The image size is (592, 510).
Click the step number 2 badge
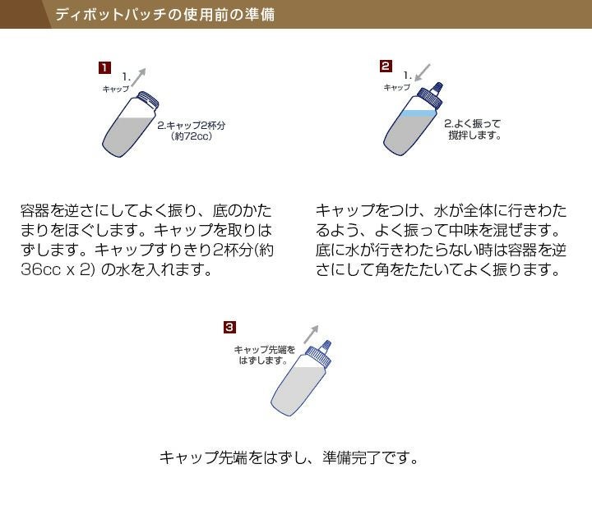pos(386,66)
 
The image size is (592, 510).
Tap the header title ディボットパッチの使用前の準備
pos(164,15)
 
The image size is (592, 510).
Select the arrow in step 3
pos(310,333)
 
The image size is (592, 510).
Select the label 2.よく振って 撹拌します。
pos(473,130)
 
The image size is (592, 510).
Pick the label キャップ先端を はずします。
pos(264,355)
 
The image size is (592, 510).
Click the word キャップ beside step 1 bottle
pos(115,88)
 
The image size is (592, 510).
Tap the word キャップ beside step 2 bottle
pos(397,87)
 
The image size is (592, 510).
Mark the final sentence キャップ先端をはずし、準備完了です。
pos(289,457)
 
